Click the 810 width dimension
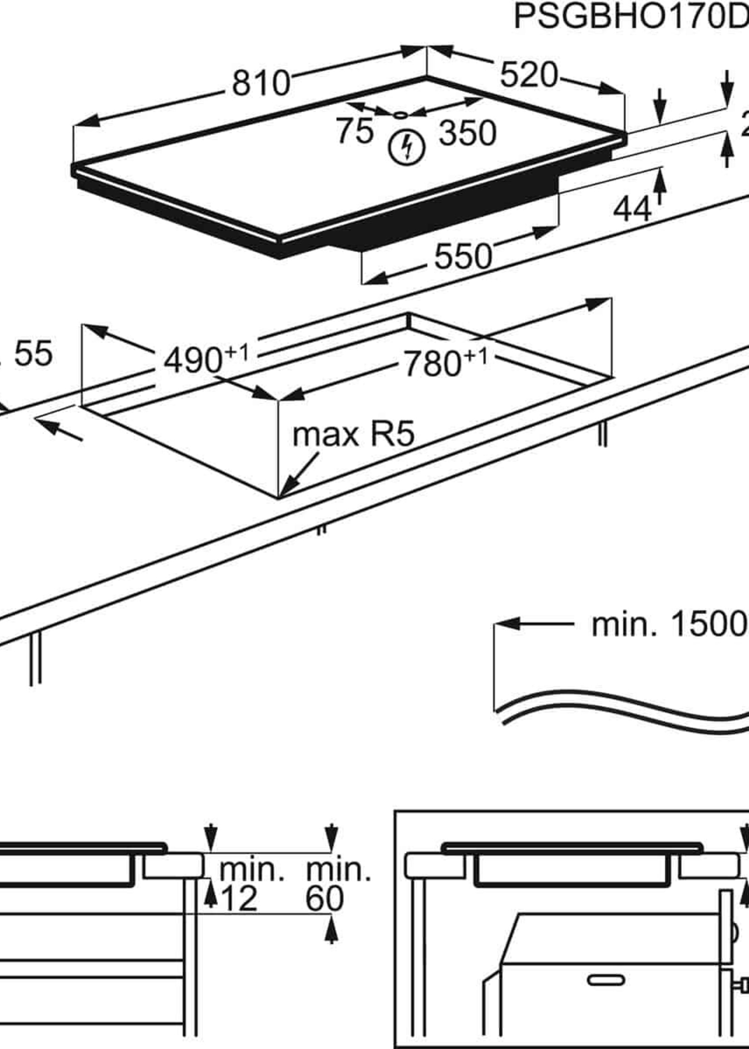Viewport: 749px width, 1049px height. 261,83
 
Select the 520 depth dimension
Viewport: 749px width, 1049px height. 529,75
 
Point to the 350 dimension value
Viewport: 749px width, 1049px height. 467,133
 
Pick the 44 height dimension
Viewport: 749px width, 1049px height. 632,210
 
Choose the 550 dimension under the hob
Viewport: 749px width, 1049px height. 463,257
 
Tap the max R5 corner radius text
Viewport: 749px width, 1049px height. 353,434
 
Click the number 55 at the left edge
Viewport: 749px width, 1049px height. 33,354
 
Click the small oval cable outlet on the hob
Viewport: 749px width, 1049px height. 400,114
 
